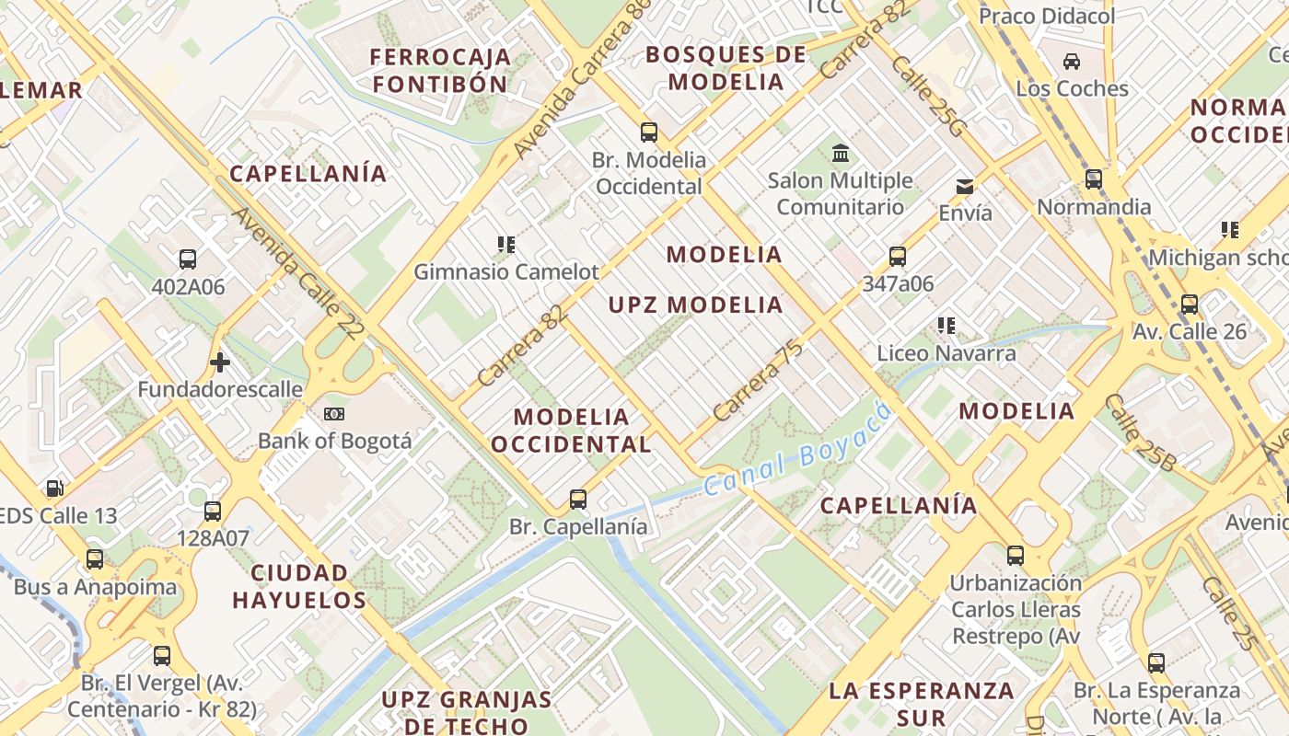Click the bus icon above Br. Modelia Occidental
coord(649,132)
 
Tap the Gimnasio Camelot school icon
coord(505,245)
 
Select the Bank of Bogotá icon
coord(334,414)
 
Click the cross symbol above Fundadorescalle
coord(219,362)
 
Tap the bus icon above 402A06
coord(188,259)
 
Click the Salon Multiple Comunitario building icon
coord(840,154)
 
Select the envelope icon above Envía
coord(965,187)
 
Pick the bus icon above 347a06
coord(898,257)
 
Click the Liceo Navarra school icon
coord(946,326)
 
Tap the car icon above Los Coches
coord(1072,62)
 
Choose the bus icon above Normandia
coord(1094,179)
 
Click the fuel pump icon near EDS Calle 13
coord(55,489)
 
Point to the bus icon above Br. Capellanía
coord(578,500)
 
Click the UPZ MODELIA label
coord(695,305)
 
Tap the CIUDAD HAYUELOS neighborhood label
coord(299,587)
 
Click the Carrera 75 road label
coord(758,381)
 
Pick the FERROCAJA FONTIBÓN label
coord(440,71)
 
